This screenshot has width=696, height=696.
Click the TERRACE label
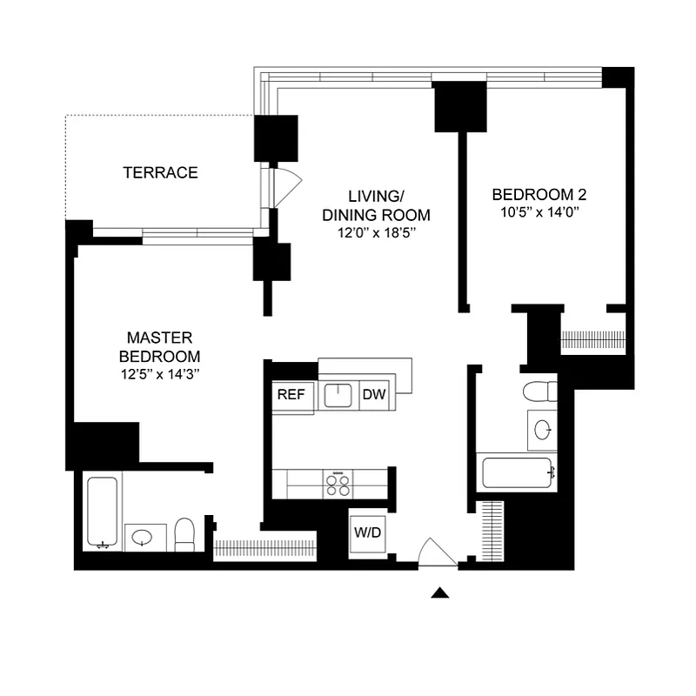coord(160,172)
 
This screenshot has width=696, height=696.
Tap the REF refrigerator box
coord(291,394)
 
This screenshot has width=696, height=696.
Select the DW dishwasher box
coord(374,394)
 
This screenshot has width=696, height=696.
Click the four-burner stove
coord(338,484)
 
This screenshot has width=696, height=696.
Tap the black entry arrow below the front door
coord(441,593)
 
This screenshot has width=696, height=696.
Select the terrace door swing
coord(285,184)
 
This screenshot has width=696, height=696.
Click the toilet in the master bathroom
coord(184,533)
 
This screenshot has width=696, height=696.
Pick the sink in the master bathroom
coord(141,537)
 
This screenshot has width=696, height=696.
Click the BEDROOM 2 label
coord(533,194)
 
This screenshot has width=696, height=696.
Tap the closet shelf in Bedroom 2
coord(593,339)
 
